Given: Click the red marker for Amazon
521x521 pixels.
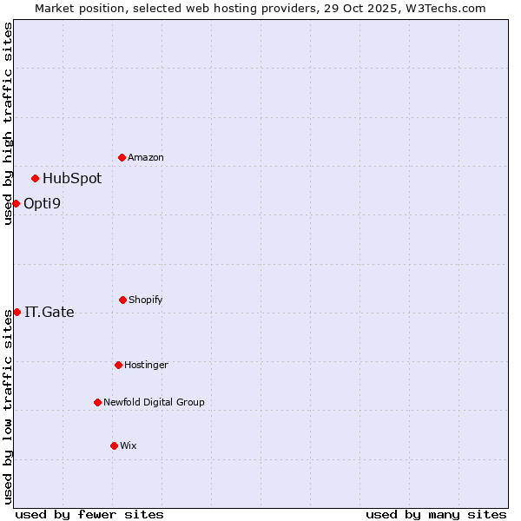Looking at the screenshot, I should tap(122, 157).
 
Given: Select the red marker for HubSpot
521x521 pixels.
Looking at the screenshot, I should tap(35, 178).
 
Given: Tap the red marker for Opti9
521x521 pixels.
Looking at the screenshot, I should tap(16, 203).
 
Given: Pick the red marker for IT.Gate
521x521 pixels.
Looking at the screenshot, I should tap(16, 312).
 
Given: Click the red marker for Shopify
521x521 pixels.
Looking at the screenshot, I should tap(122, 300).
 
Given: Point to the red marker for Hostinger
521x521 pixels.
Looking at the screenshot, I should tap(118, 365).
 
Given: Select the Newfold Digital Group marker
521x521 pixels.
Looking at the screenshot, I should tap(97, 402).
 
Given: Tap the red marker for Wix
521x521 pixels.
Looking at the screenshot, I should tap(114, 445).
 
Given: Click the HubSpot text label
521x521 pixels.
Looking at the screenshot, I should tap(72, 179).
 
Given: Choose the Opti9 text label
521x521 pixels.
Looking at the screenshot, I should tap(42, 204).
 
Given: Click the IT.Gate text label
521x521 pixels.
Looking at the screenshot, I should tap(49, 313).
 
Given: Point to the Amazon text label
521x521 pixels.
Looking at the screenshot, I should tap(146, 158).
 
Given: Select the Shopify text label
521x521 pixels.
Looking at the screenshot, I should tap(146, 300).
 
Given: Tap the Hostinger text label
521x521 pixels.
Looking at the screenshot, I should tap(146, 366).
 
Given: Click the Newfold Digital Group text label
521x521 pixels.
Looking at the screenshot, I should tap(154, 403).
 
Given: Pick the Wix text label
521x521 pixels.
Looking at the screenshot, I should tap(129, 446).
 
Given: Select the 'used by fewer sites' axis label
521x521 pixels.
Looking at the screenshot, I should tap(89, 514).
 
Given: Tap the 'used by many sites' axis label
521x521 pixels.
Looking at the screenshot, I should tap(436, 514).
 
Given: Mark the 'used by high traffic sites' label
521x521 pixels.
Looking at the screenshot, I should tap(8, 123).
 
